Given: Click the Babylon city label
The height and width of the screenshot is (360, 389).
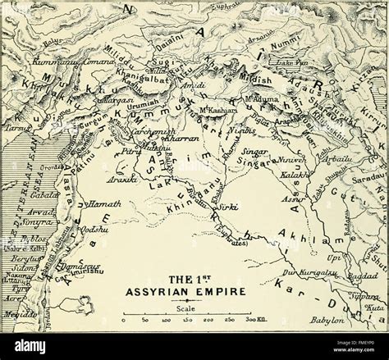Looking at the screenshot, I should coord(327,321).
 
